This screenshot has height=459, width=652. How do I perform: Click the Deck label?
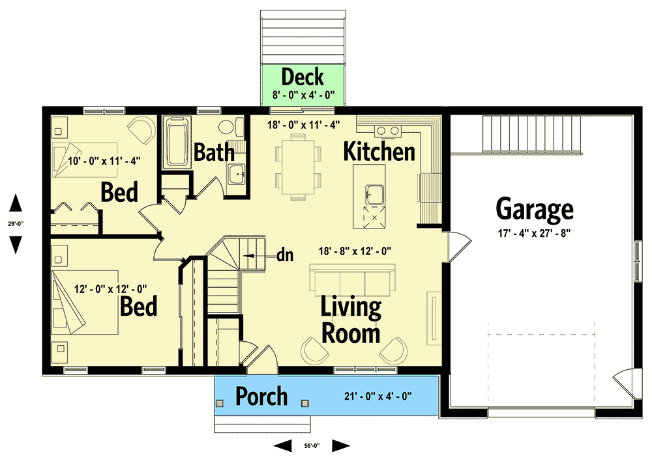(303, 77)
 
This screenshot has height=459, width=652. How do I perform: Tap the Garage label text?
(535, 209)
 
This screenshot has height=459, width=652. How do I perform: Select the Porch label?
(261, 396)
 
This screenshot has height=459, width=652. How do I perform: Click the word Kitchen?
(379, 152)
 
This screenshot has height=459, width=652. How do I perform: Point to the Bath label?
(215, 153)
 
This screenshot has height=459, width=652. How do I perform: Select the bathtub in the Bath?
(175, 142)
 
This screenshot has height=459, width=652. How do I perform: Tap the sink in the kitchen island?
(373, 193)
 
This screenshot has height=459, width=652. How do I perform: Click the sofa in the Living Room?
(351, 281)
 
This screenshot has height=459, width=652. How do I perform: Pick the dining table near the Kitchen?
(298, 166)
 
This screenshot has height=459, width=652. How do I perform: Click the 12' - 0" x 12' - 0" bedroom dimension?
(110, 288)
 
